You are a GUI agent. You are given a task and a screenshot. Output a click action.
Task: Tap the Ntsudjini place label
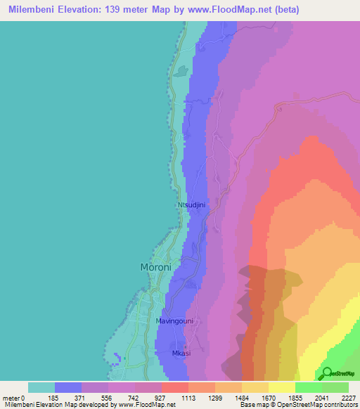[x=191, y=205]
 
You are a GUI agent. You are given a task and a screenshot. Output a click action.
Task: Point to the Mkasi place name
[x=181, y=353]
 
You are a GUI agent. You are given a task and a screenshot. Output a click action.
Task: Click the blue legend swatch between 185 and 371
[x=68, y=387]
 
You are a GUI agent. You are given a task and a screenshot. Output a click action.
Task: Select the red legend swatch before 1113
[x=175, y=387]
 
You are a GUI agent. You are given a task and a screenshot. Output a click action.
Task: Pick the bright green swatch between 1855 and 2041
[x=309, y=387]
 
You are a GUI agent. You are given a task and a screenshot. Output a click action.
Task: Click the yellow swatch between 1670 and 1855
[x=282, y=387]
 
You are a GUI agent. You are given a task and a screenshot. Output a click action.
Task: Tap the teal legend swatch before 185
[x=41, y=387]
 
